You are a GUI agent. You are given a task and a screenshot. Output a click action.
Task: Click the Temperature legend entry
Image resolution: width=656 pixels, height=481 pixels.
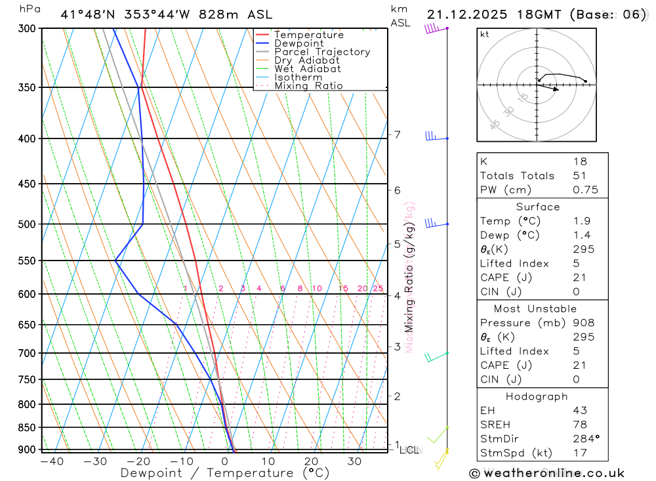(x=308, y=35)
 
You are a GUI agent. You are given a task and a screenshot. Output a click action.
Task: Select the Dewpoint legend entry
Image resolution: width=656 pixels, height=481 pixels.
(x=299, y=43)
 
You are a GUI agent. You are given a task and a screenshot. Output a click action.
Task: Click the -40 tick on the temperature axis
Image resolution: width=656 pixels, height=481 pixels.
(x=52, y=461)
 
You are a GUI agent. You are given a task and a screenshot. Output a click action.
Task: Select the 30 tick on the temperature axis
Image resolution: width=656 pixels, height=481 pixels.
(x=354, y=461)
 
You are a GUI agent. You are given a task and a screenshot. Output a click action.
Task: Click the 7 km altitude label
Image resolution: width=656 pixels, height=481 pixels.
(x=397, y=135)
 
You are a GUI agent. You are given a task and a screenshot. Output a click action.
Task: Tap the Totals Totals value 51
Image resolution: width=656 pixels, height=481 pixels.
(x=580, y=175)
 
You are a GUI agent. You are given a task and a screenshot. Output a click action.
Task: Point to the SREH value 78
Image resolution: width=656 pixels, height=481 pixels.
(x=580, y=424)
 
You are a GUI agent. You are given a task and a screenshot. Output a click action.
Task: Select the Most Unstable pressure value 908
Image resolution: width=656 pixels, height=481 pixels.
(x=583, y=322)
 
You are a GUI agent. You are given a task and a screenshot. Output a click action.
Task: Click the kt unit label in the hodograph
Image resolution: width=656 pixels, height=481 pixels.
(x=485, y=34)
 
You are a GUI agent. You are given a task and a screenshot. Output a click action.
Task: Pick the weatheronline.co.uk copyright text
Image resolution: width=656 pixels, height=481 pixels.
(x=547, y=472)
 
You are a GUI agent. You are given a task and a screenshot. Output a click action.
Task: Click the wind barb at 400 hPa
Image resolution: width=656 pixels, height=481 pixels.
(x=432, y=136)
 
